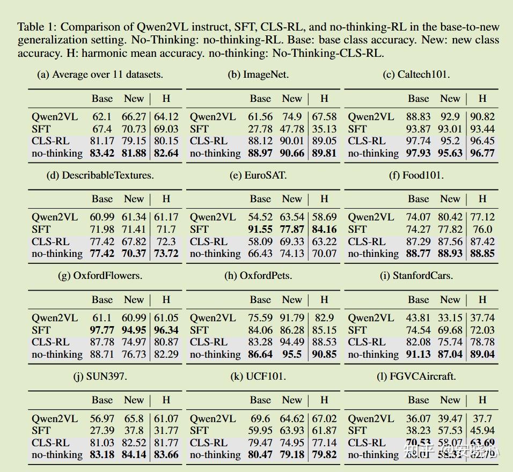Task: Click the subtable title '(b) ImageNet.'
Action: coord(258,75)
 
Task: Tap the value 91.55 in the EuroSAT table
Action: coord(260,229)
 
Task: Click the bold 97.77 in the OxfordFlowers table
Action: coord(102,330)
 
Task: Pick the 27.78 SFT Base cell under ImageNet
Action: coord(260,129)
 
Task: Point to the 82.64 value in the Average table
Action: coord(166,153)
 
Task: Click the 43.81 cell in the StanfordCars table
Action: coord(419,318)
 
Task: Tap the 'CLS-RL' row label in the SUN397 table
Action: coord(50,442)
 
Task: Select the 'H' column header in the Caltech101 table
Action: coord(482,99)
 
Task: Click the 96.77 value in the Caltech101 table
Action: coord(482,153)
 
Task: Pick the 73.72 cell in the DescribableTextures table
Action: coord(166,254)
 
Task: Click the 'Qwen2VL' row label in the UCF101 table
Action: coord(212,418)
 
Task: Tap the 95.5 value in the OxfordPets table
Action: coord(292,355)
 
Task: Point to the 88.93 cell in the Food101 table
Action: coord(450,254)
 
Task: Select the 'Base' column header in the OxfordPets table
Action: coord(260,300)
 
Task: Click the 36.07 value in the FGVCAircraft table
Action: coord(419,418)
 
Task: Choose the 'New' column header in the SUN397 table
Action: coord(134,400)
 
